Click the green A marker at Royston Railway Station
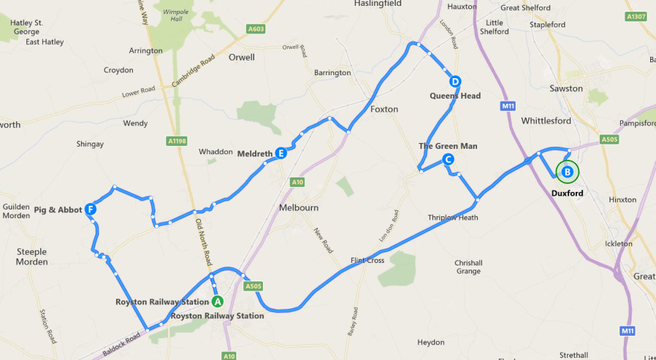pos(217,301)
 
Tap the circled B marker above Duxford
pos(566,172)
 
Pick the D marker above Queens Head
pos(454,82)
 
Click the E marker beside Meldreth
pos(281,153)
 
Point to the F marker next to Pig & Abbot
pos(91,210)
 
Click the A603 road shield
pos(255,28)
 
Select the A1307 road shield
pos(636,16)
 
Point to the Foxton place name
pos(384,109)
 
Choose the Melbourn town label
pos(299,207)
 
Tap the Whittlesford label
pos(546,120)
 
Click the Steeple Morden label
pos(31,256)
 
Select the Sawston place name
pos(566,88)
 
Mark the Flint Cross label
pos(367,261)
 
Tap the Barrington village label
pos(332,73)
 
